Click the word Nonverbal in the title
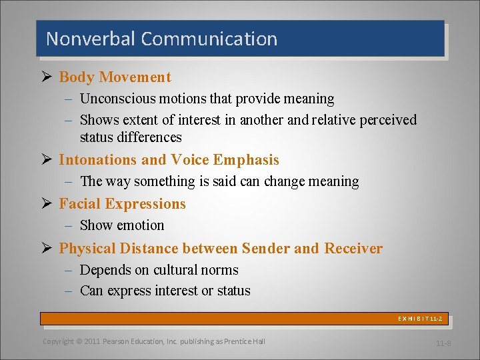[91, 39]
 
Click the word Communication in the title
[209, 39]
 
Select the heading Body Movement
[115, 77]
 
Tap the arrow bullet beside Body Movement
[45, 77]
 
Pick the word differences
[149, 137]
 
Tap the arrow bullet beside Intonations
[45, 159]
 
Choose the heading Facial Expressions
[122, 204]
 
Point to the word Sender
[265, 249]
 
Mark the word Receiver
[353, 249]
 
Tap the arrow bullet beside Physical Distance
[45, 248]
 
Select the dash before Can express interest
[70, 291]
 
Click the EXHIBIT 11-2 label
[421, 319]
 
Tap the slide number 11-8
[443, 343]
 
